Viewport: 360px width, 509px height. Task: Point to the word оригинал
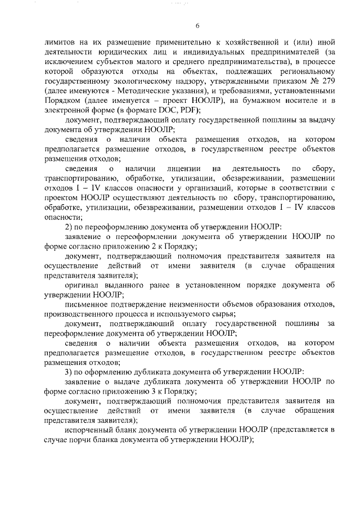(x=83, y=286)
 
